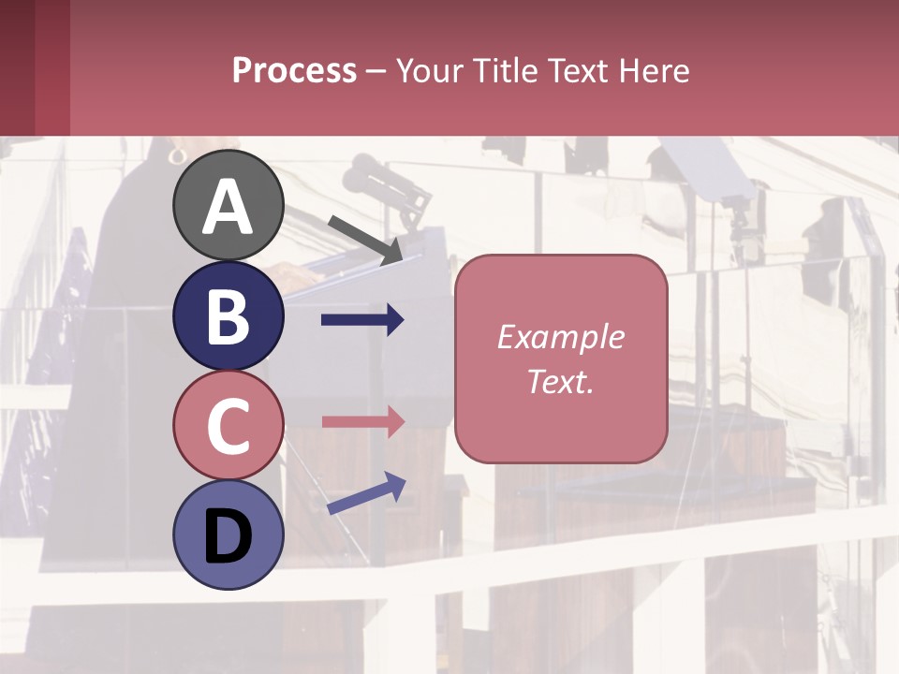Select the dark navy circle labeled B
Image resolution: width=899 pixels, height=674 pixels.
pyautogui.click(x=228, y=315)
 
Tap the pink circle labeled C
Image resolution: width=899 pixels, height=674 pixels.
pyautogui.click(x=228, y=425)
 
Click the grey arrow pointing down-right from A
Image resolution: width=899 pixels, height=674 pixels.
pyautogui.click(x=365, y=239)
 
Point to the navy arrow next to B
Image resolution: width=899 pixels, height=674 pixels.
pyautogui.click(x=362, y=320)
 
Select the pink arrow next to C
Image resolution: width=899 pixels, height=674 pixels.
pyautogui.click(x=362, y=420)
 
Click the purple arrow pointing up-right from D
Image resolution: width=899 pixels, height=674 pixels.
pyautogui.click(x=366, y=492)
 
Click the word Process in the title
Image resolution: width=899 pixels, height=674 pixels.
pyautogui.click(x=294, y=71)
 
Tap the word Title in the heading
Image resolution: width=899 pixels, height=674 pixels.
pyautogui.click(x=501, y=71)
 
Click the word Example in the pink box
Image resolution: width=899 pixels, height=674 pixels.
pyautogui.click(x=560, y=337)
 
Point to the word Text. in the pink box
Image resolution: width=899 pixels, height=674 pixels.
pyautogui.click(x=560, y=381)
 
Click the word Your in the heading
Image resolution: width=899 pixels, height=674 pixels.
pyautogui.click(x=431, y=71)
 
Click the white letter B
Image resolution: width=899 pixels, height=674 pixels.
pyautogui.click(x=228, y=316)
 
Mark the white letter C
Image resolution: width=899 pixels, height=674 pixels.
pyautogui.click(x=228, y=426)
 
